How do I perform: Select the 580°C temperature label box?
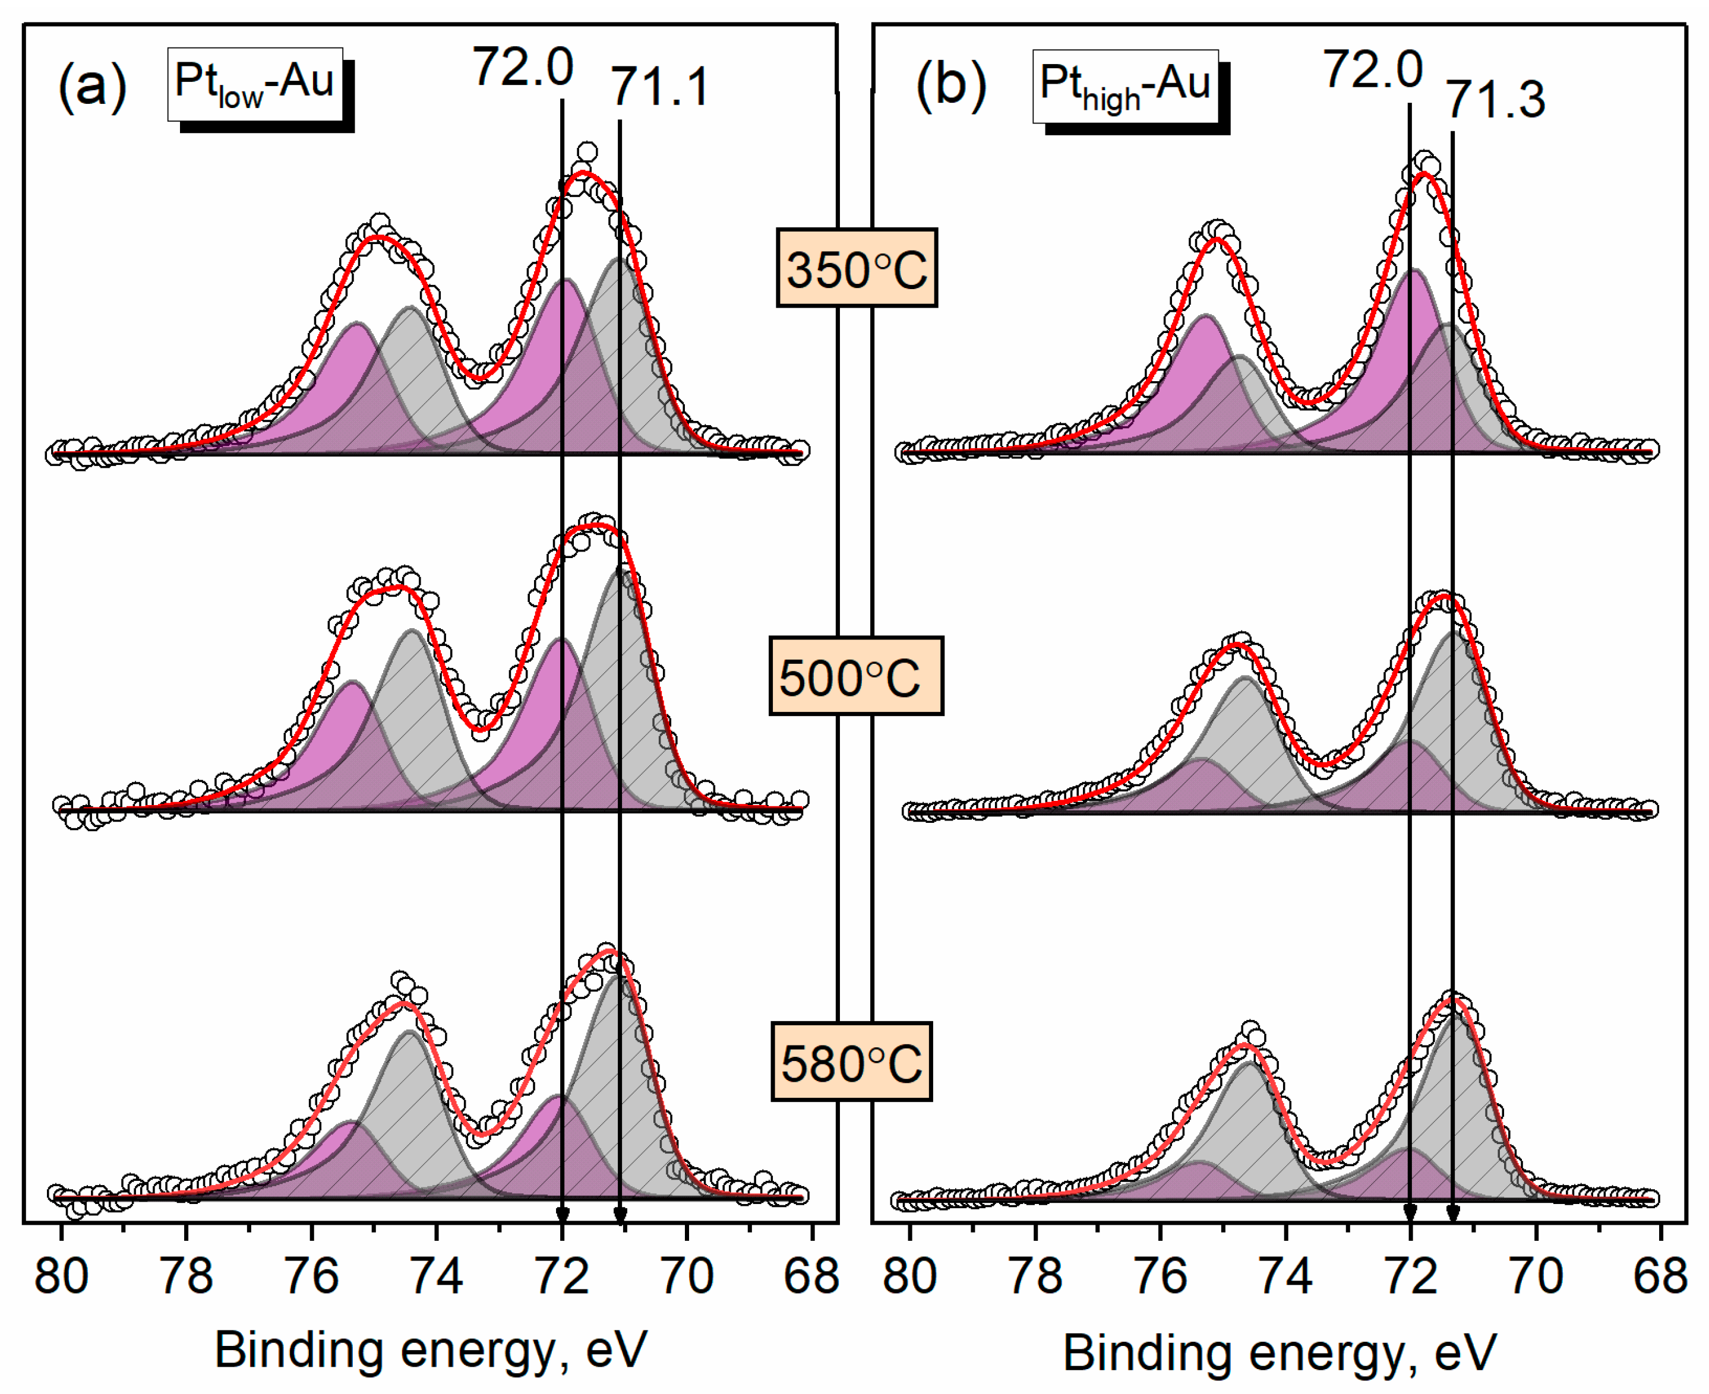[851, 1062]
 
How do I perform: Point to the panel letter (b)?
[950, 85]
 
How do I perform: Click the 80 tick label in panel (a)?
[61, 1277]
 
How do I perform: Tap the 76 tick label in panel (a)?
[312, 1277]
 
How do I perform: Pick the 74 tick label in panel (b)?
[1285, 1277]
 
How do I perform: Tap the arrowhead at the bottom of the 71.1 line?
[620, 1214]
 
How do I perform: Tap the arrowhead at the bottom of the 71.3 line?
[1452, 1214]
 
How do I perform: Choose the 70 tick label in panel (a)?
[687, 1277]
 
